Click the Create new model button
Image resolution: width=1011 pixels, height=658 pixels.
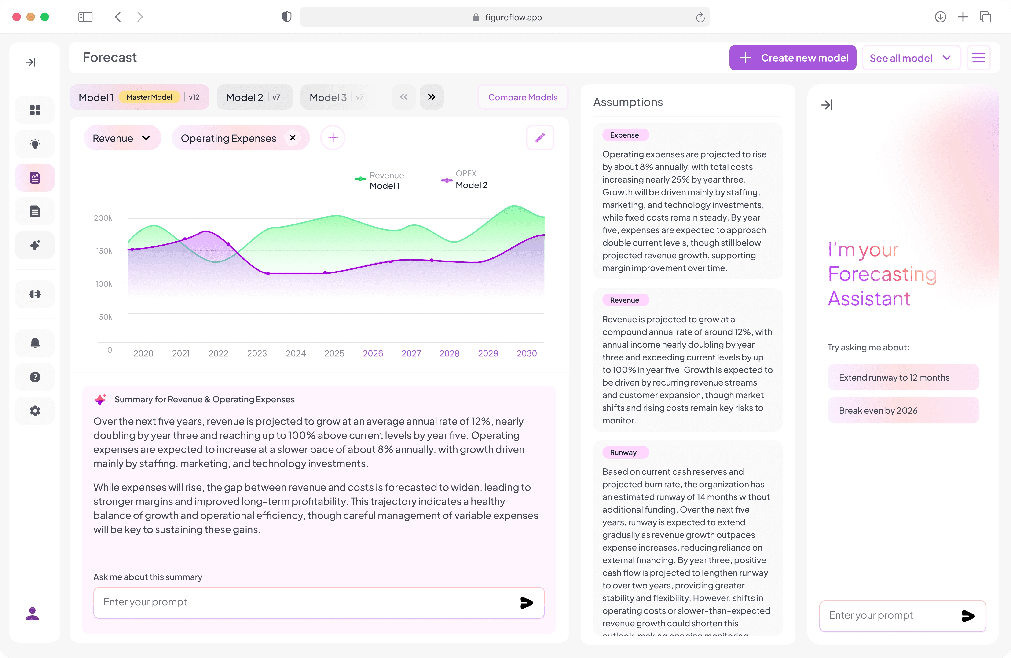pos(793,58)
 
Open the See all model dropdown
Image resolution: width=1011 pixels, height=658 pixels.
pos(911,58)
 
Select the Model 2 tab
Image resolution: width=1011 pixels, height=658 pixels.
pos(254,97)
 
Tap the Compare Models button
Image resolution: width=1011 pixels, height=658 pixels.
pos(523,97)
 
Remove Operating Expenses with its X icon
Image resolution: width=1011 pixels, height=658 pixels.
pos(293,138)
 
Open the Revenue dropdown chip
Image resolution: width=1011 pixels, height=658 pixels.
pos(122,138)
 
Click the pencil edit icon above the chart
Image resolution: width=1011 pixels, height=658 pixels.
pos(540,138)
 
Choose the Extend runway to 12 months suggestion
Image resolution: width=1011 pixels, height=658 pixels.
pos(903,377)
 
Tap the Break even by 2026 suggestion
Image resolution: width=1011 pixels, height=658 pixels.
pos(903,410)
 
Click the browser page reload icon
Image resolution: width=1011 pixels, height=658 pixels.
pos(700,17)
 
